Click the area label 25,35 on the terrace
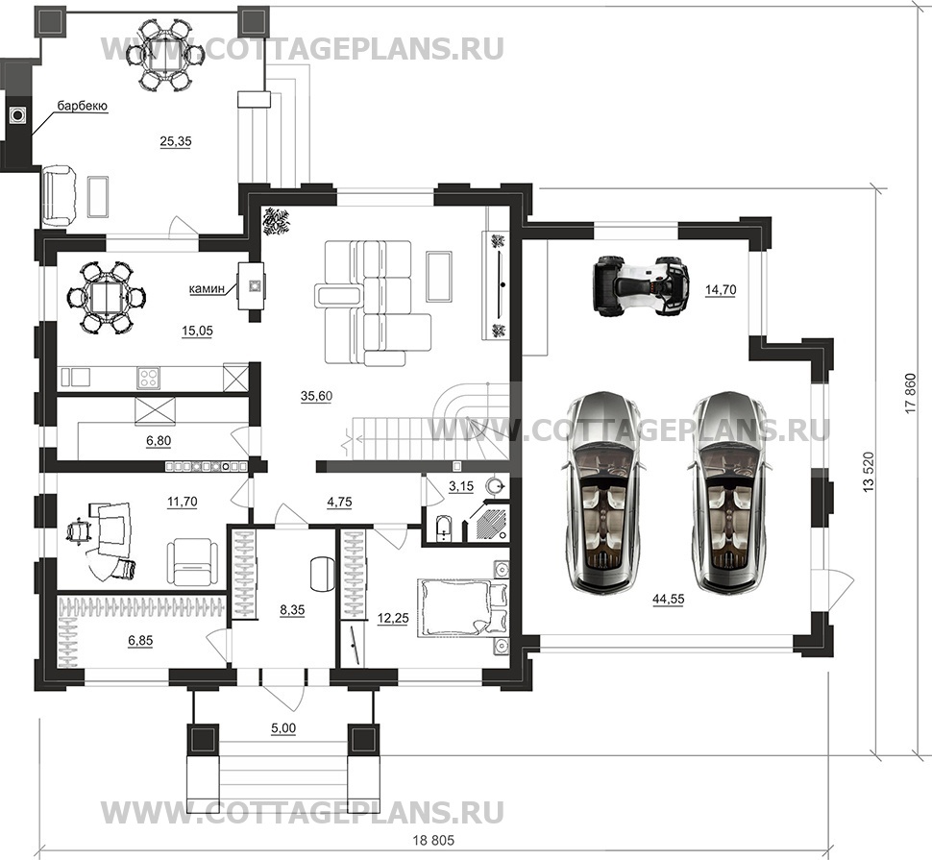[176, 141]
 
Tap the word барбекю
[81, 106]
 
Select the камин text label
[208, 286]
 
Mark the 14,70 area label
[721, 291]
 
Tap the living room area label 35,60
[315, 396]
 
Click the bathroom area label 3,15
[463, 487]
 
